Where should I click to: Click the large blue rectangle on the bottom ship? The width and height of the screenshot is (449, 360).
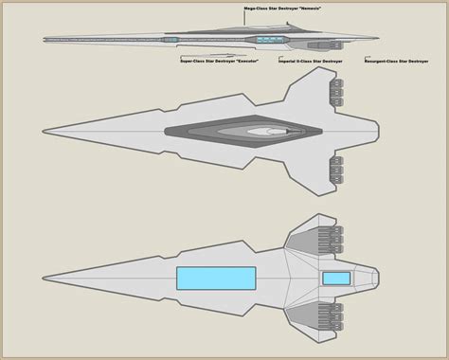[x=215, y=278]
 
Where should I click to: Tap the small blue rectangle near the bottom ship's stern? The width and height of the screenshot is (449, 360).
[x=335, y=278]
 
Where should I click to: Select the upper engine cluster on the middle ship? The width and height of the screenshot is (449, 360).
[x=335, y=92]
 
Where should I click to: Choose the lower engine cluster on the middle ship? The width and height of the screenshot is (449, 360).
[x=335, y=170]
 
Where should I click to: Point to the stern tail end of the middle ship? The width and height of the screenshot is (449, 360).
[x=376, y=132]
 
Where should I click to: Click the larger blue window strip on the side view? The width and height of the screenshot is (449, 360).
[x=270, y=40]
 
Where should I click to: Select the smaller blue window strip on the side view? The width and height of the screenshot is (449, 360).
[x=170, y=41]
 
